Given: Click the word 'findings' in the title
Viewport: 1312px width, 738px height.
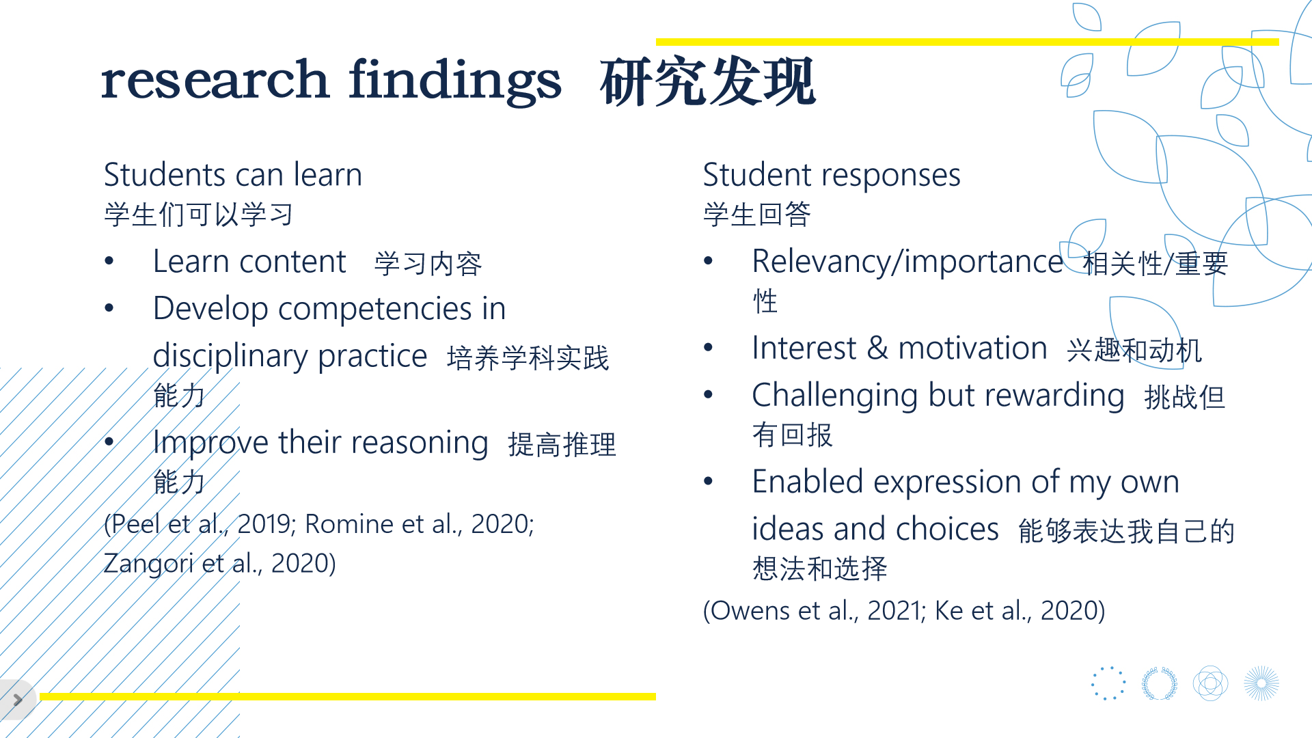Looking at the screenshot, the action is click(455, 81).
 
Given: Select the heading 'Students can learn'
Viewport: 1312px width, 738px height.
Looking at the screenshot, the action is click(233, 175).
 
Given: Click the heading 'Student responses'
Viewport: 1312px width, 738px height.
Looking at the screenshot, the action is click(832, 176).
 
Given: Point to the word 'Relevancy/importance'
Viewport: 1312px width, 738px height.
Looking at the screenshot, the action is click(907, 262).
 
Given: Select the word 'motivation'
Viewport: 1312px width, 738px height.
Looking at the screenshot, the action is click(972, 348).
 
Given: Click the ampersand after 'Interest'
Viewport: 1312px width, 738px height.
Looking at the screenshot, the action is click(877, 348).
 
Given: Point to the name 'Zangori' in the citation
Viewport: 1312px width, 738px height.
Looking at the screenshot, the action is click(148, 564).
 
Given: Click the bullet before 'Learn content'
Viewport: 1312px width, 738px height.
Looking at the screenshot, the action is click(109, 262).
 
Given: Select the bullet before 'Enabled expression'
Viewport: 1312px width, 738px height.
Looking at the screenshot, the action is click(709, 482).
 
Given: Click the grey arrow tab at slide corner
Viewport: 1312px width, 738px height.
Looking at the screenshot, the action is click(16, 700).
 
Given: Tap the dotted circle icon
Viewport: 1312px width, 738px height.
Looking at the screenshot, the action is click(1108, 683).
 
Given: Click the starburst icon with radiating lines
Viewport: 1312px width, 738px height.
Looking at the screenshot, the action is click(1261, 683).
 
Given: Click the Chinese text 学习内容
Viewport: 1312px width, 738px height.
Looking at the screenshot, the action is click(428, 264).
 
